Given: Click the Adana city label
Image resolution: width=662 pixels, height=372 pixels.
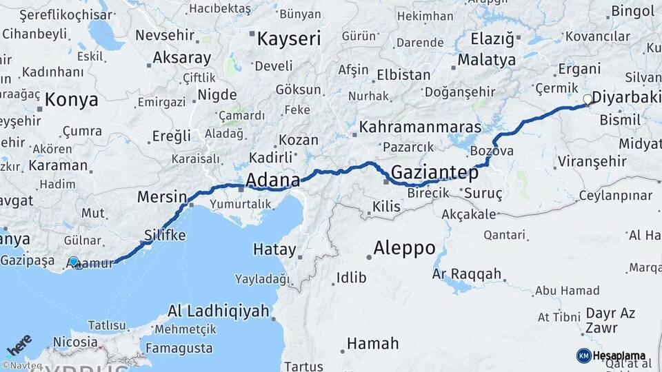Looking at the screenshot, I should point(273,180).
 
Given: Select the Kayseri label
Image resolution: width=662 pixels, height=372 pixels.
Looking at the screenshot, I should point(289,39).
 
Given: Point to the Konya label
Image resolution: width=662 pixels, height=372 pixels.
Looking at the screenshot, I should point(72,101).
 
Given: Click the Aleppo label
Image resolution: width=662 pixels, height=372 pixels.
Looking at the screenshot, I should point(404,247).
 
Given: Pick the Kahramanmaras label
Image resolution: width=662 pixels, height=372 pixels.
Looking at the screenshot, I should point(420,128).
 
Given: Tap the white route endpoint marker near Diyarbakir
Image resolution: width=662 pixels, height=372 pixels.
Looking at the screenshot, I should point(588,99).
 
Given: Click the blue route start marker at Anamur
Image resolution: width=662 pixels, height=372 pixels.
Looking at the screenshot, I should point(74,262).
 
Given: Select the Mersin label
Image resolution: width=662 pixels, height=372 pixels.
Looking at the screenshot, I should point(162,196).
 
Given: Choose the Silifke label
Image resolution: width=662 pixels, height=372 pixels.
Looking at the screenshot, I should point(165,236).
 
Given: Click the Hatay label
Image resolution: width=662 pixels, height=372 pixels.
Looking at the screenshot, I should point(274,249).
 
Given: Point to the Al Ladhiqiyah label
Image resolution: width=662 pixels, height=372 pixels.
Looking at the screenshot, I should point(218,311).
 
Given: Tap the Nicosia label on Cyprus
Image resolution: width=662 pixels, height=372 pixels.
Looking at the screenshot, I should point(75,342).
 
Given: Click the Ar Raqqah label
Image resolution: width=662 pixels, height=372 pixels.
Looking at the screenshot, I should point(467,273).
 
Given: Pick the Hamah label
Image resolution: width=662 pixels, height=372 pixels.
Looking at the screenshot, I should point(372,343).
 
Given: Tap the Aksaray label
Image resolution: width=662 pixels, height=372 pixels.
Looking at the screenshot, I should point(181,57).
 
